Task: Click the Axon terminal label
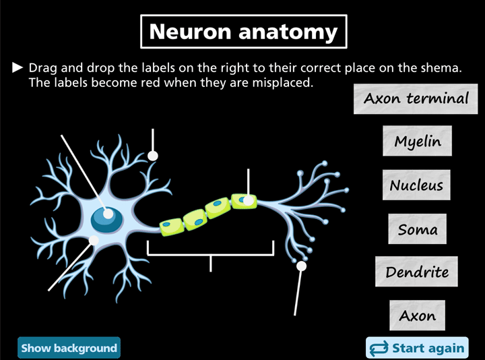pos(416,98)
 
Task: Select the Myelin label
pos(418,142)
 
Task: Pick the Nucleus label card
pos(416,185)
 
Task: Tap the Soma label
pos(418,229)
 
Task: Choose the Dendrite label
pos(417,272)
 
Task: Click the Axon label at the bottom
pos(417,316)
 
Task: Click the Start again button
pos(417,348)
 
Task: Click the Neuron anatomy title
pos(243,32)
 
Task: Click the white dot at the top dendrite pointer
pos(154,156)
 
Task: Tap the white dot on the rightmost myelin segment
pos(248,200)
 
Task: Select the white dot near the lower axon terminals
pos(301,266)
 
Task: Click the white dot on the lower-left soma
pos(94,239)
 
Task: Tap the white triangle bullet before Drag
pos(18,68)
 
